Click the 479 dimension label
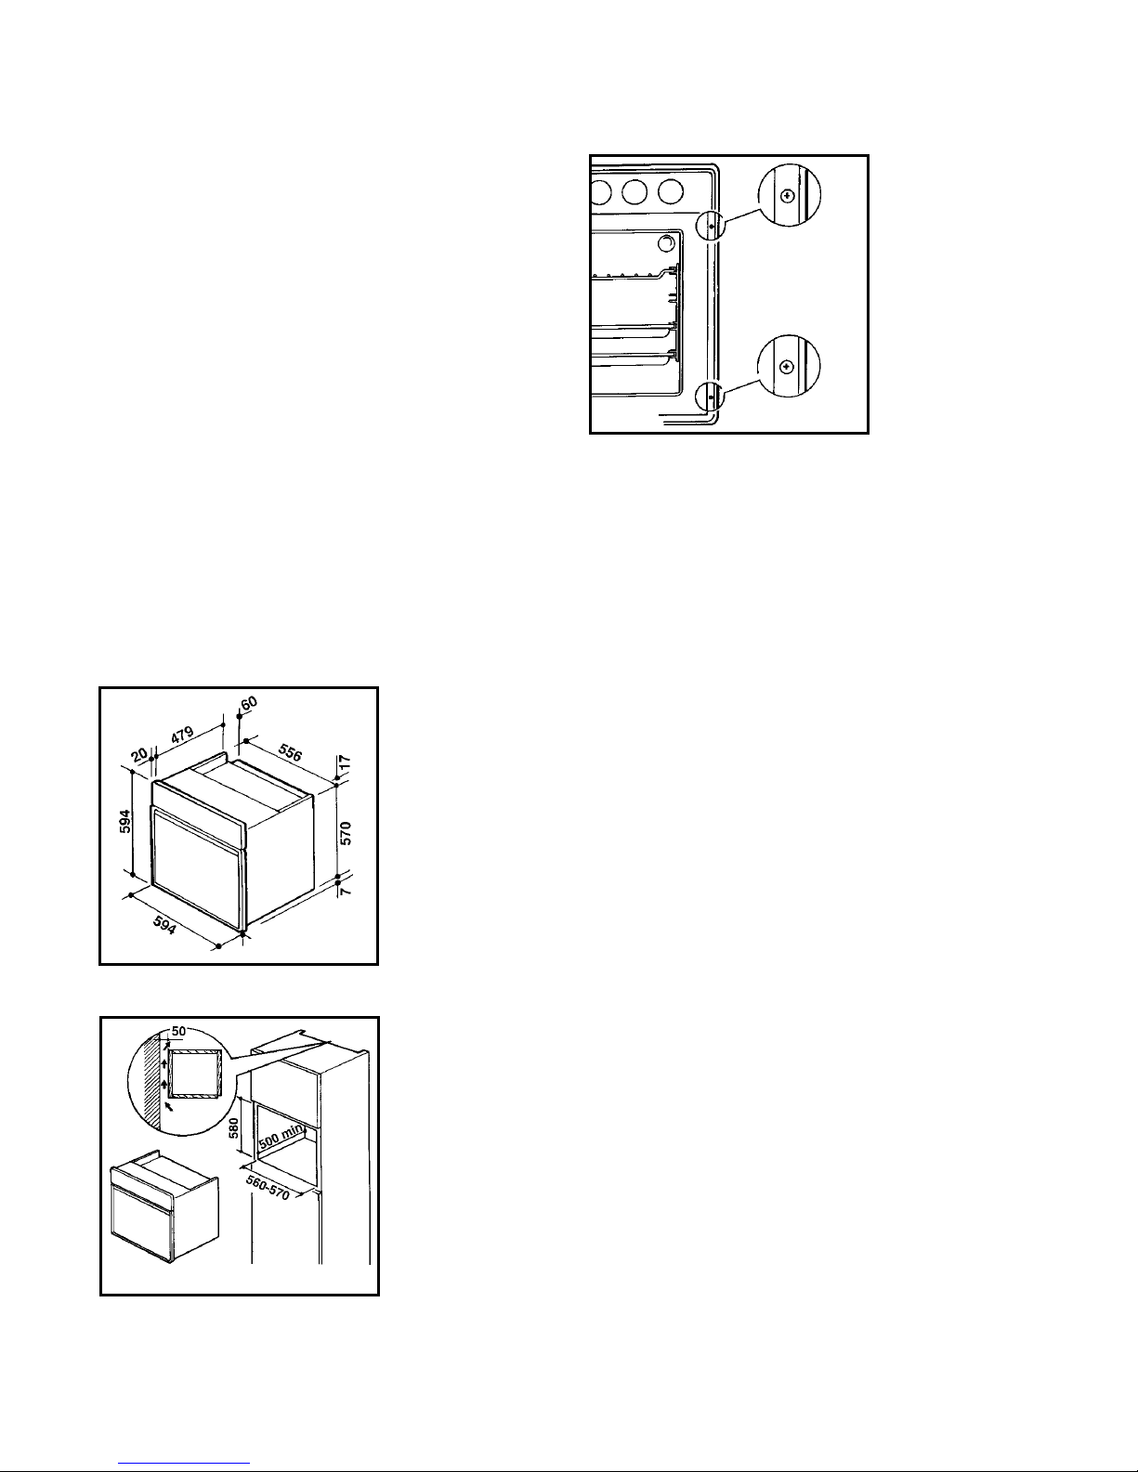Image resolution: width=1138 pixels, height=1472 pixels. (x=182, y=736)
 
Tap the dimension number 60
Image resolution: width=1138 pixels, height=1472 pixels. (x=249, y=703)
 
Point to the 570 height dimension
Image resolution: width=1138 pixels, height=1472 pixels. (x=346, y=832)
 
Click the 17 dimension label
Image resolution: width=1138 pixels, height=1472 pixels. (x=345, y=762)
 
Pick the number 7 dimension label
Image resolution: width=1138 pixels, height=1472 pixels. (x=346, y=892)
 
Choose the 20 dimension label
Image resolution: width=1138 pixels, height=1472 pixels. (x=139, y=755)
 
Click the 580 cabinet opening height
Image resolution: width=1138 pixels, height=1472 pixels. (x=234, y=1127)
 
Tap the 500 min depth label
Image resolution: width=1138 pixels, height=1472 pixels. (x=281, y=1136)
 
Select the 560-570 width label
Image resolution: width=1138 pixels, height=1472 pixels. (x=268, y=1188)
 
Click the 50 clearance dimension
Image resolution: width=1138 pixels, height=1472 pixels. (x=178, y=1031)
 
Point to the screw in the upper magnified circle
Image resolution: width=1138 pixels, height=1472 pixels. (x=787, y=196)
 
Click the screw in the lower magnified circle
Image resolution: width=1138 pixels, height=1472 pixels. (x=787, y=367)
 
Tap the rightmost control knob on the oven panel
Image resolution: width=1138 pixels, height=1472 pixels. (x=670, y=191)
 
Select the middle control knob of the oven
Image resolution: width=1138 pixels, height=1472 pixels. (x=634, y=191)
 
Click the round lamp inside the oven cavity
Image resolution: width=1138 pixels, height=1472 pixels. (x=667, y=242)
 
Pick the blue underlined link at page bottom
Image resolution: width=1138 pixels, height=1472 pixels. (x=184, y=1464)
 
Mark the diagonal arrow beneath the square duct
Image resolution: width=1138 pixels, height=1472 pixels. (x=168, y=1107)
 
